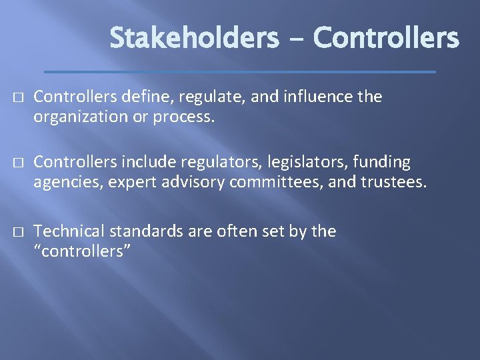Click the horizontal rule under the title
click(239, 71)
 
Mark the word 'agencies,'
click(64, 182)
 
